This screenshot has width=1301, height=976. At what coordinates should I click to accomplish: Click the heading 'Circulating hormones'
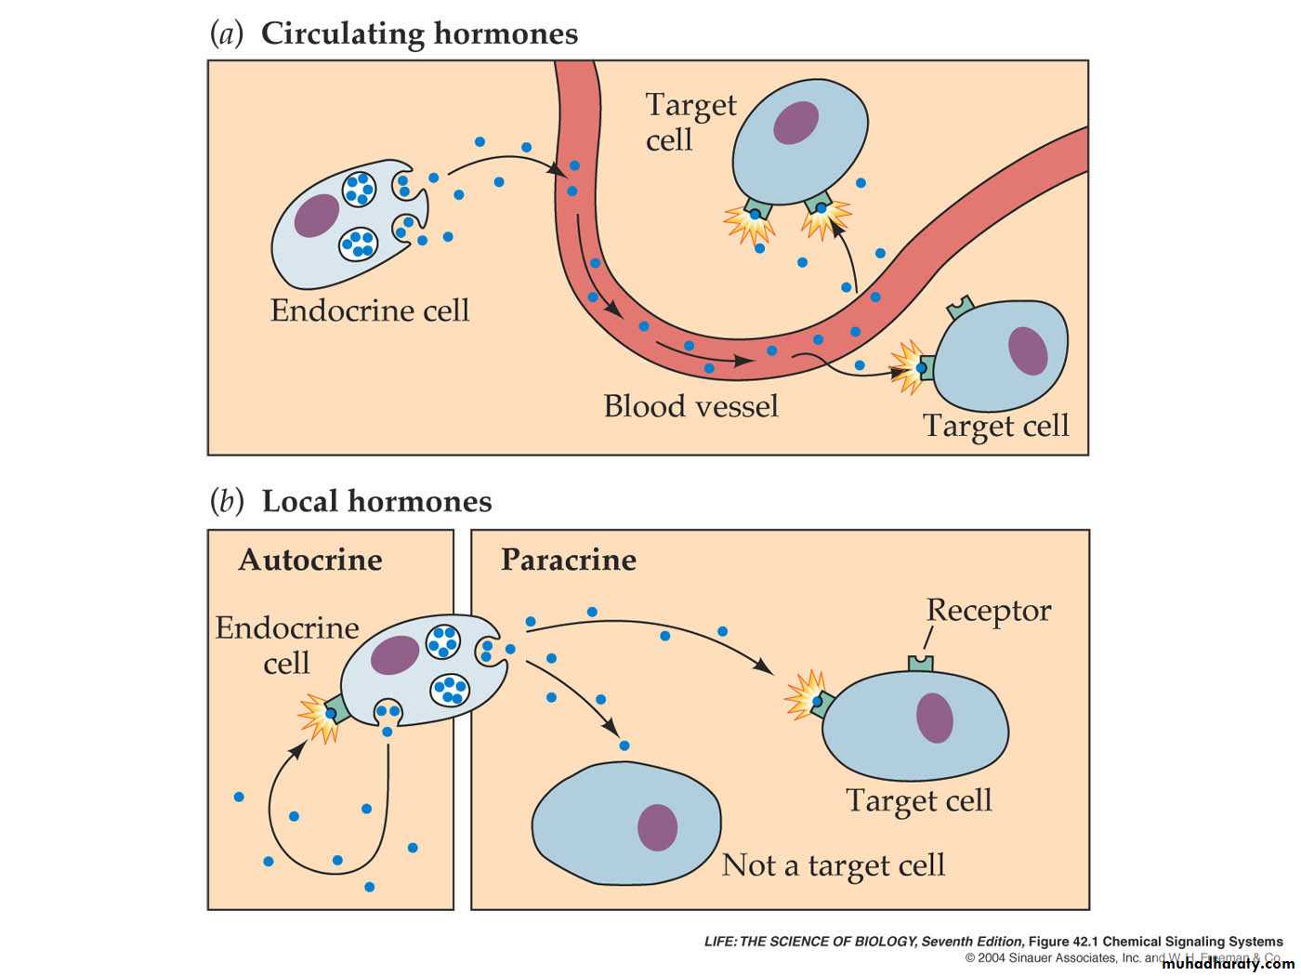click(x=419, y=34)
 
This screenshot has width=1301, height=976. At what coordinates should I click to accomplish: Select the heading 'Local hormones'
click(x=376, y=502)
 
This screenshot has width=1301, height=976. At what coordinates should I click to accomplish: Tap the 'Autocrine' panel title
click(x=310, y=561)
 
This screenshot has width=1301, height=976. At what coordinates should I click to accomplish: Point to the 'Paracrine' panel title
click(x=569, y=561)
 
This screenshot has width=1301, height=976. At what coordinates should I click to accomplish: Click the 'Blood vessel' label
click(x=690, y=406)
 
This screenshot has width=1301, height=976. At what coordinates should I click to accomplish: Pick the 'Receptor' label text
click(x=989, y=611)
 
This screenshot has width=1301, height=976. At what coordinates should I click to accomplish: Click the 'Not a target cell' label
click(x=834, y=865)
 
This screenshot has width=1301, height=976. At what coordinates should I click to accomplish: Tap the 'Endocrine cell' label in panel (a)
click(x=370, y=310)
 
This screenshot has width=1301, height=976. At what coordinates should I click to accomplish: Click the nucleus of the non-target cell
click(x=657, y=827)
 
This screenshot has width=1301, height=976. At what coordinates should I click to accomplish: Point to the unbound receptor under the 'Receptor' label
click(x=920, y=664)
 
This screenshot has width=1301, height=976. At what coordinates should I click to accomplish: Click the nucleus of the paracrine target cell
click(x=935, y=718)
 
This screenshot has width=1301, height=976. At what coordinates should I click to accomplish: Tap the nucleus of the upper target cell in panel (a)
click(x=796, y=123)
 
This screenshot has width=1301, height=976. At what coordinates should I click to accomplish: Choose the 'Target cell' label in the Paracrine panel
click(x=919, y=800)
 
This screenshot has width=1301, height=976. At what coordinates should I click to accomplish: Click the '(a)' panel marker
click(x=227, y=34)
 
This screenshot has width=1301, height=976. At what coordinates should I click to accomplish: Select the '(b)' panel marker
click(x=227, y=502)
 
